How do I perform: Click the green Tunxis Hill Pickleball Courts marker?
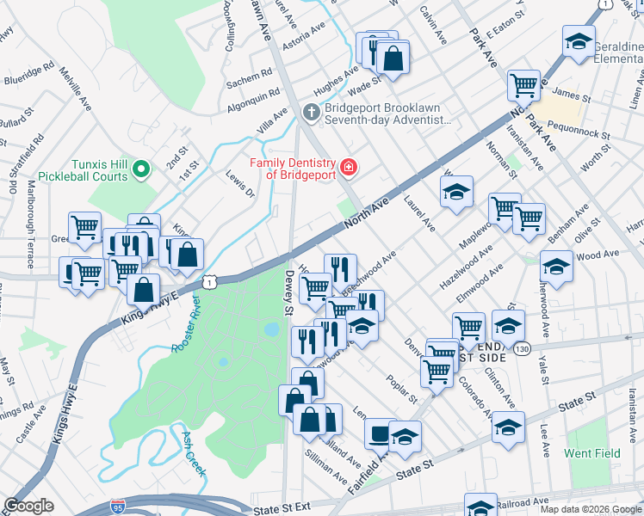click(x=144, y=168)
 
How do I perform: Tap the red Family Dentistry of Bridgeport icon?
click(x=348, y=166)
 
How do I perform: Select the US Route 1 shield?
click(x=209, y=281)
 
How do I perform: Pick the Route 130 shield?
click(x=523, y=349)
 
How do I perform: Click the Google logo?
click(x=28, y=506)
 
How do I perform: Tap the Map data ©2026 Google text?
click(x=590, y=509)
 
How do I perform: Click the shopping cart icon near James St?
click(x=523, y=84)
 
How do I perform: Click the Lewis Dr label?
click(x=240, y=183)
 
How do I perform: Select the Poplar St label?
click(x=401, y=388)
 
